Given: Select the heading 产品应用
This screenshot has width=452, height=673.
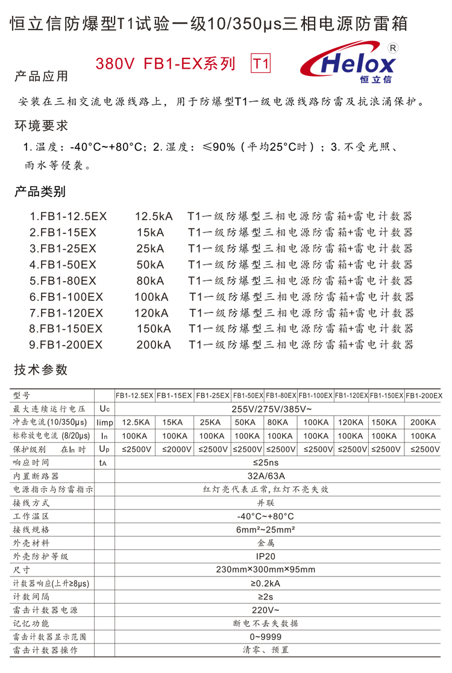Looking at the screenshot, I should (x=41, y=77).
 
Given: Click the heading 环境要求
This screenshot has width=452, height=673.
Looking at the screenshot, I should (x=41, y=126).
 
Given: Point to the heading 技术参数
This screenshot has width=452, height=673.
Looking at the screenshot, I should (x=41, y=370).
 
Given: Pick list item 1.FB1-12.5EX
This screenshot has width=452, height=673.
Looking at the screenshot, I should (x=68, y=216).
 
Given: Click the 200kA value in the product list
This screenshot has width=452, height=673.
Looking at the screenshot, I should (x=154, y=345).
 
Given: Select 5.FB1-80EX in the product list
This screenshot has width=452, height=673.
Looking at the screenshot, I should (x=63, y=280).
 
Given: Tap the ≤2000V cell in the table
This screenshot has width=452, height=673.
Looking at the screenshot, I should (x=174, y=449).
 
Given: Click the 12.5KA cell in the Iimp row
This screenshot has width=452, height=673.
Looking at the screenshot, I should (x=135, y=422).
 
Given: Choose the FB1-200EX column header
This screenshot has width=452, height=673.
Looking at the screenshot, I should (x=424, y=396).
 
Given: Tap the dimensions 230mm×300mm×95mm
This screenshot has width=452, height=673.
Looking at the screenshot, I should (x=266, y=569).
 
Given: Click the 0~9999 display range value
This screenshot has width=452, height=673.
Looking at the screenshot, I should (x=266, y=636).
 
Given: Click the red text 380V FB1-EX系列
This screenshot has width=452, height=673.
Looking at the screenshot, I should (x=166, y=64).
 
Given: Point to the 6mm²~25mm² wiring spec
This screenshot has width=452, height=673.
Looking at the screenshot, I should (x=266, y=529).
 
